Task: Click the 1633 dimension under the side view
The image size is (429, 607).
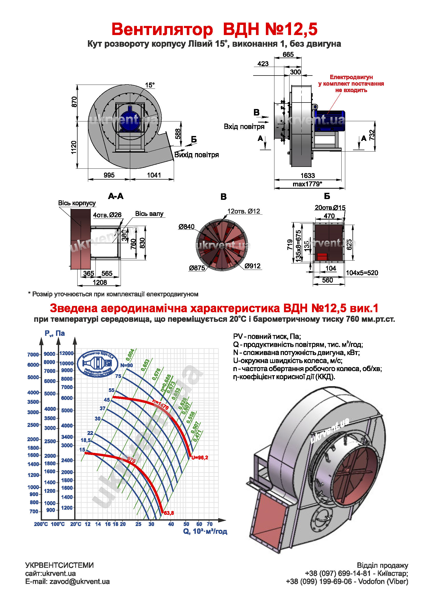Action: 308,175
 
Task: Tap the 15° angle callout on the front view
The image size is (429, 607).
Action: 149,85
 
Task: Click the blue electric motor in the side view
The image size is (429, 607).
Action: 330,120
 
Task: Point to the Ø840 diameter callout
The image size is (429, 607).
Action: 186,227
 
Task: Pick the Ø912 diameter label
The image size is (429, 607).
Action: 253,266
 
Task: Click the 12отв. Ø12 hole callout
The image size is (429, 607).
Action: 244,211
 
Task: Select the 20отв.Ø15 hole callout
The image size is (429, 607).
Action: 330,208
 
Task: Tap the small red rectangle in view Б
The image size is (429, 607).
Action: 322,256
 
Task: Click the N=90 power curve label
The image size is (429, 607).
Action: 127,365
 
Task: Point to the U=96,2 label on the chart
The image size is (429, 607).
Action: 200,458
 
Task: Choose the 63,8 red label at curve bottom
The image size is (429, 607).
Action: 169,513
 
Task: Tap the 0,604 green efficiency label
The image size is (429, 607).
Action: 130,355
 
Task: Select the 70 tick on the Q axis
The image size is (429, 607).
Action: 210,524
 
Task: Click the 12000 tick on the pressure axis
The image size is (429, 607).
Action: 67,353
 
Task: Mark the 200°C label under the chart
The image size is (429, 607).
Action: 41,524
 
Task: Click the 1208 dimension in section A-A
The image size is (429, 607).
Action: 100,282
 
